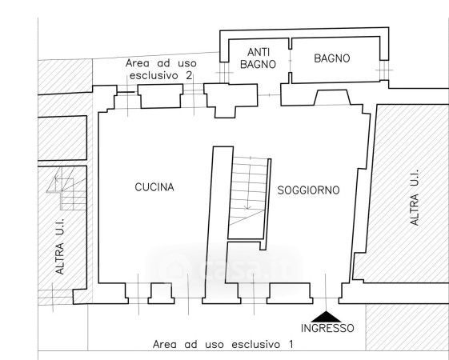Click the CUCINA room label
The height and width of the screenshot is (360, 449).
(x=154, y=187)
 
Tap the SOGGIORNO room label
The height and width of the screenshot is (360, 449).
(x=308, y=190)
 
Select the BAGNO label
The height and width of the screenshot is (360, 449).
(x=332, y=58)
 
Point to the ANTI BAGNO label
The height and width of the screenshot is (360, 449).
(x=258, y=58)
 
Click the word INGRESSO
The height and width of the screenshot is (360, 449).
(x=327, y=328)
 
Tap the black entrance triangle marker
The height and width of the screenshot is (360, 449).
(x=327, y=317)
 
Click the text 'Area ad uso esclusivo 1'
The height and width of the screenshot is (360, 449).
(x=223, y=344)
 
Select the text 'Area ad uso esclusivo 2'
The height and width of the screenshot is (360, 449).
(x=161, y=70)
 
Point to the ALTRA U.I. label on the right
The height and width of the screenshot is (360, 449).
(x=415, y=198)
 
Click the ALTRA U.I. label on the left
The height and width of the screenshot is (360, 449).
(x=60, y=246)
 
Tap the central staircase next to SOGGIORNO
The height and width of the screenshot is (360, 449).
(x=249, y=191)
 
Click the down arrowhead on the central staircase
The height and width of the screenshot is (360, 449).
(x=248, y=207)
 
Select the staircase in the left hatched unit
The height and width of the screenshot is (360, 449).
(x=66, y=189)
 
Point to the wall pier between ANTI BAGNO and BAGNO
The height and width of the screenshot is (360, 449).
(x=290, y=61)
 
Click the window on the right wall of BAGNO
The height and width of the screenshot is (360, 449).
(x=384, y=70)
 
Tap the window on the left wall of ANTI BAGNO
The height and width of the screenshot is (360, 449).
(x=224, y=73)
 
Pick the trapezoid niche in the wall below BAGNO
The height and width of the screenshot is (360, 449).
(x=332, y=98)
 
